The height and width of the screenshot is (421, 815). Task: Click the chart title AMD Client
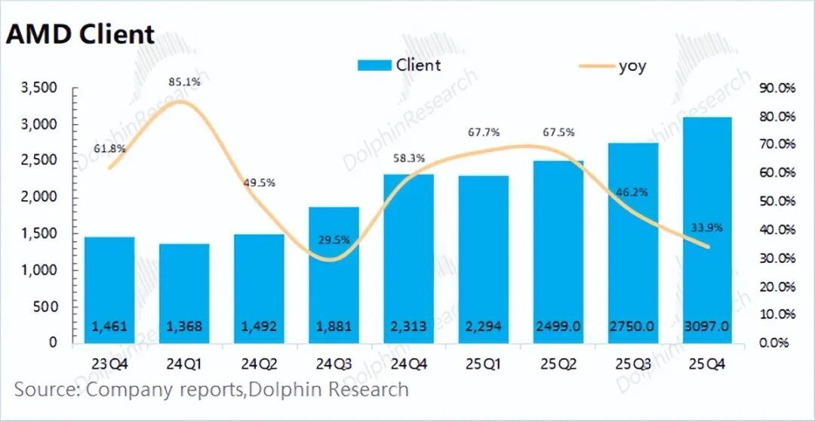point(80,35)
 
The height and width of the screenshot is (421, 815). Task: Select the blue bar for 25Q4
point(708,227)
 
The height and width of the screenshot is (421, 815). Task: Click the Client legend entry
point(400,65)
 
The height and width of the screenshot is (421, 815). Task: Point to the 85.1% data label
point(185,82)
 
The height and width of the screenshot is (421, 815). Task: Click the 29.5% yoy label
point(334,240)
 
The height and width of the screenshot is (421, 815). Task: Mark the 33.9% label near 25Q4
point(707,226)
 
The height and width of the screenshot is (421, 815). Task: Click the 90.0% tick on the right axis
point(777,88)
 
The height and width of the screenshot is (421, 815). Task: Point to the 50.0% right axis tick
point(777,201)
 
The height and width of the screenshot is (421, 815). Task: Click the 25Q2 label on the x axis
point(558,364)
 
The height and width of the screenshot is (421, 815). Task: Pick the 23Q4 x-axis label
point(109,364)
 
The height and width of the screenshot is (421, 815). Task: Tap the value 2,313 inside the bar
point(408,327)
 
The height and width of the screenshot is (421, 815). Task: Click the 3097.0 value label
point(707,327)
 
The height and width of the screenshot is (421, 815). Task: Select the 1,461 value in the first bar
point(109,327)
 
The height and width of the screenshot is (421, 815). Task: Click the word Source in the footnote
point(45,390)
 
